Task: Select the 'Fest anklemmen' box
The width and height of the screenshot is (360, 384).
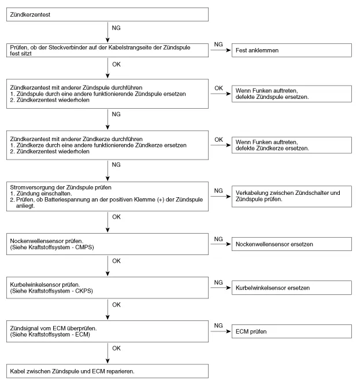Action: coord(291,50)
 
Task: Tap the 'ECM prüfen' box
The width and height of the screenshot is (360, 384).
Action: coord(291,331)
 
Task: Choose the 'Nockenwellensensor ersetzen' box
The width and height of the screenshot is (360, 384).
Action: coord(291,245)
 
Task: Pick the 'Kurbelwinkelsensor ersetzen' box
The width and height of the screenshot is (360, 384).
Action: coord(291,287)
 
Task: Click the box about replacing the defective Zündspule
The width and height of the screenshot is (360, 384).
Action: coord(291,94)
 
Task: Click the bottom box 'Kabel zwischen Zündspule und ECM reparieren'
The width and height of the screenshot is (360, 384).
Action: coord(108,370)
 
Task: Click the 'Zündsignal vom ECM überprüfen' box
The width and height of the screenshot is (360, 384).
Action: coord(108,331)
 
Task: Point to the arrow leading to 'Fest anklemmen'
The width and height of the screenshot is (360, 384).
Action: coord(220,50)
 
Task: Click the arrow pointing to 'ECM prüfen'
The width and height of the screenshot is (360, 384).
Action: coord(220,331)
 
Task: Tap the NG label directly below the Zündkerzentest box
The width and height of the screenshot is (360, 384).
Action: coord(116,27)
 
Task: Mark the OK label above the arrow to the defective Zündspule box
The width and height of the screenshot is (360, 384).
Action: coord(218,88)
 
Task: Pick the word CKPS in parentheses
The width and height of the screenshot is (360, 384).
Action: coord(83,291)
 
